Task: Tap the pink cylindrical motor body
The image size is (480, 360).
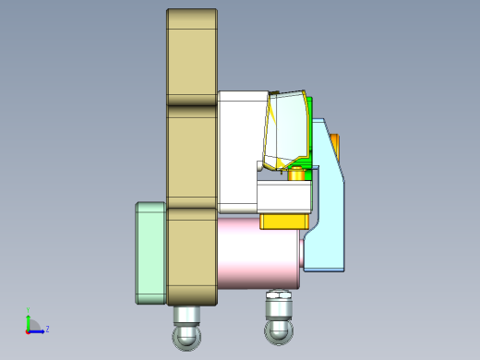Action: pos(258,251)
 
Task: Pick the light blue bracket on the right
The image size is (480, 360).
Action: pos(328,222)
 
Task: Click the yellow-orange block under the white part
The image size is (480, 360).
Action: pos(283,221)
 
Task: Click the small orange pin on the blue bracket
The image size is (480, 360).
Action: pos(335,145)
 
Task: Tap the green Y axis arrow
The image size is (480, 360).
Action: pos(28,318)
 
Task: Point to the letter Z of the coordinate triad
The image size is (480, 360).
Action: pos(47,329)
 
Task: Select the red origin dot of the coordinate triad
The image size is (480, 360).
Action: pos(28,330)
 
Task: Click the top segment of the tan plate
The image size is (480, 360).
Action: pos(191,55)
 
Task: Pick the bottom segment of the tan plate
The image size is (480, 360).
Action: pos(191,254)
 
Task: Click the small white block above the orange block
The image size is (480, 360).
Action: pos(284,196)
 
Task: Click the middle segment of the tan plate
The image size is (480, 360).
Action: pos(191,155)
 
